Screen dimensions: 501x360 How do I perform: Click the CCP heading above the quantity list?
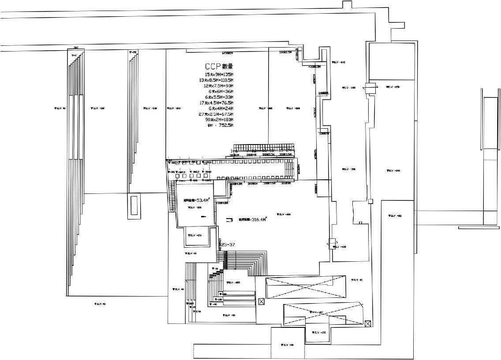tap(219, 67)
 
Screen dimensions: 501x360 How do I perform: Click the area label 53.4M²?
tap(195, 200)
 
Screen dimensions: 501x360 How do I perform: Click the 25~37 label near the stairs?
tap(228, 245)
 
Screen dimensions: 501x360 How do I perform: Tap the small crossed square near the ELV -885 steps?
tap(261, 302)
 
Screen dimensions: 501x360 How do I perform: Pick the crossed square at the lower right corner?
tap(368, 324)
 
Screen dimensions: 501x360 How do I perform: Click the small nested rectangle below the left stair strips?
tap(134, 205)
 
